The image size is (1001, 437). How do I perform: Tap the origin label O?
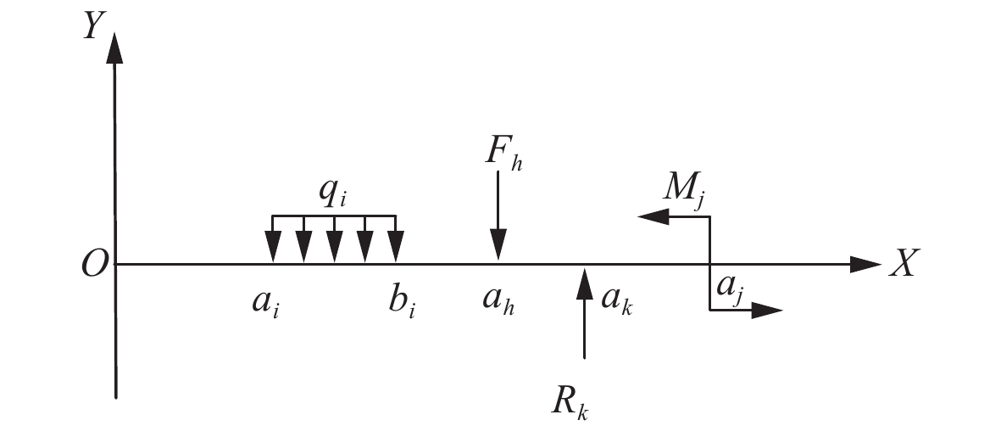pyautogui.click(x=94, y=266)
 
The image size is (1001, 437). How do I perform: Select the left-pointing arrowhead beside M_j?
pyautogui.click(x=650, y=217)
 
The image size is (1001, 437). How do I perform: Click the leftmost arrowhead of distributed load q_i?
pyautogui.click(x=272, y=248)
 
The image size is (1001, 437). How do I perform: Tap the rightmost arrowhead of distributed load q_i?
pyautogui.click(x=396, y=248)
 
